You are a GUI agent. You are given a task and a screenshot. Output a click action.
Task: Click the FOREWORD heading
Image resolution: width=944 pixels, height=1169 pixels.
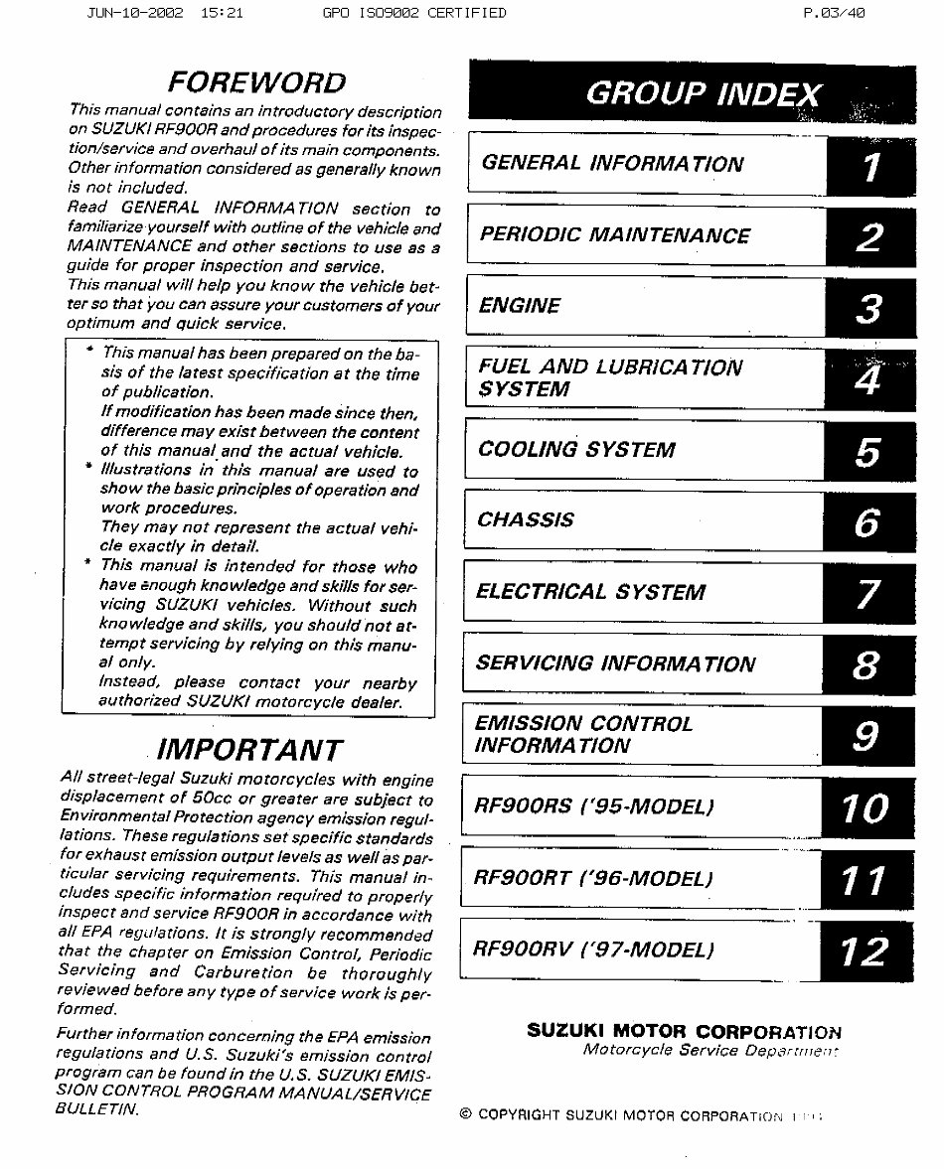[256, 81]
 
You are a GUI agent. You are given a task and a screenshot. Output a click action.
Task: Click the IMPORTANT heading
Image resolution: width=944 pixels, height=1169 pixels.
[251, 749]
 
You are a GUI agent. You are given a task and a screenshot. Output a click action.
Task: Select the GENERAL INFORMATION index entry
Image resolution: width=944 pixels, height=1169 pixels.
[611, 164]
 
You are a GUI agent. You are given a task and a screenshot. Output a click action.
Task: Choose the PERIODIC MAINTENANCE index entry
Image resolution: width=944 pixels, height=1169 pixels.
[614, 235]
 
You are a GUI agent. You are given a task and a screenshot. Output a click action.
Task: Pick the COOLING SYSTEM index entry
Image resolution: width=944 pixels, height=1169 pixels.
[576, 450]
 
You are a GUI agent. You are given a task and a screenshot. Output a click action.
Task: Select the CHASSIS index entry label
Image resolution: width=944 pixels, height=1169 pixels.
[525, 520]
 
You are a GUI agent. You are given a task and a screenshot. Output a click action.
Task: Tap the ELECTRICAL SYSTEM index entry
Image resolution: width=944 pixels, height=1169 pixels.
[590, 592]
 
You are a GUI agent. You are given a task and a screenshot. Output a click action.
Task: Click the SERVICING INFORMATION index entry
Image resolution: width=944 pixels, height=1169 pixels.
[615, 663]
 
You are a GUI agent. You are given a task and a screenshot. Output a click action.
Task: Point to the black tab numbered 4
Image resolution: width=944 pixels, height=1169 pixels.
[868, 378]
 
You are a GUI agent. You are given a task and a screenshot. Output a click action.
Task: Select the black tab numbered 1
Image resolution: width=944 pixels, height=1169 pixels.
[870, 166]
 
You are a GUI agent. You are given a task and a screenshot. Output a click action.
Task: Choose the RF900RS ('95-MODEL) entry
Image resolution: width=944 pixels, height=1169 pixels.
[594, 806]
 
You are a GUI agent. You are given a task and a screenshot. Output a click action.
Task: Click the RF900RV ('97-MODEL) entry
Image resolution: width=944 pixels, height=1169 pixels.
[593, 950]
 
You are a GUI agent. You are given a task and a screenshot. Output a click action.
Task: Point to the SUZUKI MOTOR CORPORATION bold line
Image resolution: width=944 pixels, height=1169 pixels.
[684, 1031]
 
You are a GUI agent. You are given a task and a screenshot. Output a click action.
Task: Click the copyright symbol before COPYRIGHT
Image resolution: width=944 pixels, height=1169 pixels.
[465, 1114]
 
